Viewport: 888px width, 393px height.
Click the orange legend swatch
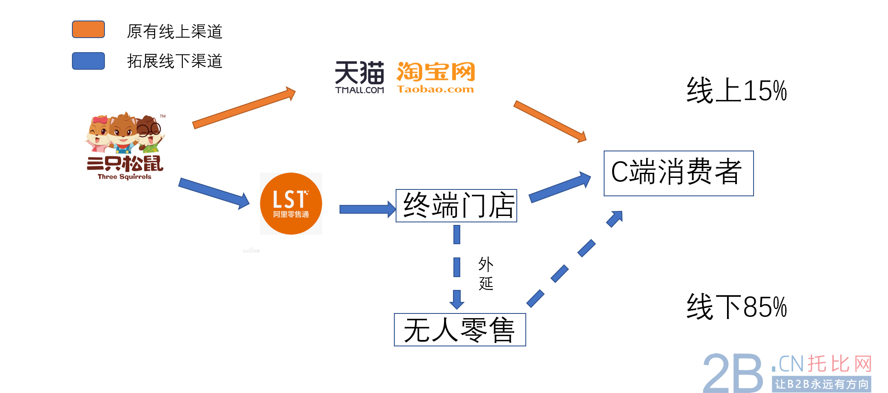tap(88, 30)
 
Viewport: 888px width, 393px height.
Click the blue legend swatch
tap(88, 61)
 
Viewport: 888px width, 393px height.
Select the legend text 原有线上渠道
tap(174, 31)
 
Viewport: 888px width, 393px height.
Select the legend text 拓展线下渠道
tap(174, 61)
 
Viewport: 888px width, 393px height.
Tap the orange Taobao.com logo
tap(435, 77)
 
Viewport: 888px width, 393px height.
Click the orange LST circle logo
tap(291, 204)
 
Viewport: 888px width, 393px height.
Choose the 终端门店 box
tap(456, 206)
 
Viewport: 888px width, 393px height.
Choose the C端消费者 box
tap(678, 173)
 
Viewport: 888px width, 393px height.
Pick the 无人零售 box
tap(459, 330)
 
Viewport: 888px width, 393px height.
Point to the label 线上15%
tap(736, 91)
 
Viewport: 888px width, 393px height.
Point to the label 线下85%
tap(736, 307)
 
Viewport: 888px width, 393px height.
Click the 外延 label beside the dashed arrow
tap(486, 274)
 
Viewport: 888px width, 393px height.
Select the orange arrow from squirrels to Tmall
tap(244, 108)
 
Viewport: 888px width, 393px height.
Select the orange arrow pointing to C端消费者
tap(550, 121)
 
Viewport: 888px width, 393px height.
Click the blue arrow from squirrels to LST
tap(214, 193)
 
